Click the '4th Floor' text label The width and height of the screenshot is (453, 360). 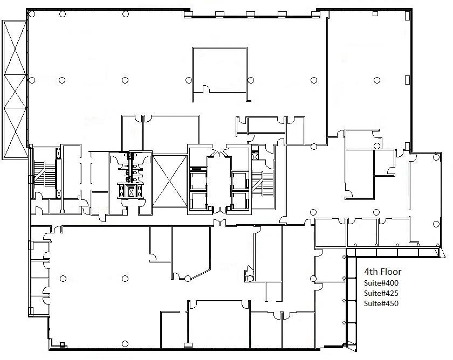coord(382,272)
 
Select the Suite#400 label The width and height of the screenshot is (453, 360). coord(381,283)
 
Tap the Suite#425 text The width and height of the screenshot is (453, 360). coord(381,293)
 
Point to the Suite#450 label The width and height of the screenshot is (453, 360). coord(381,303)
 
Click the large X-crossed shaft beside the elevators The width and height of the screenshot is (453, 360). coord(169,181)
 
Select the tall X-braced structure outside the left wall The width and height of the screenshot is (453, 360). coord(15,90)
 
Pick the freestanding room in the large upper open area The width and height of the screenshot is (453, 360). coord(219,74)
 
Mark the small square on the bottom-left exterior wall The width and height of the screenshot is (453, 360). coord(62,344)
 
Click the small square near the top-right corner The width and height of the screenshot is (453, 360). coord(375,13)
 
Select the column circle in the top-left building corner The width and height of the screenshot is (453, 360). coord(32,14)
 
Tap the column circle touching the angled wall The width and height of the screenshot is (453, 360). coord(188,279)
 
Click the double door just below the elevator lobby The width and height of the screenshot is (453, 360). coord(219,223)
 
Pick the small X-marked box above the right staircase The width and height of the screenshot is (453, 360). coord(255,157)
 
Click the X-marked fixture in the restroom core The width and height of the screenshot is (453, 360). coord(131,191)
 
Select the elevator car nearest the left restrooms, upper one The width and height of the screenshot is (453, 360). coord(198,181)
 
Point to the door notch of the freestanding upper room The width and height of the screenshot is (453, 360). coord(206,89)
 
